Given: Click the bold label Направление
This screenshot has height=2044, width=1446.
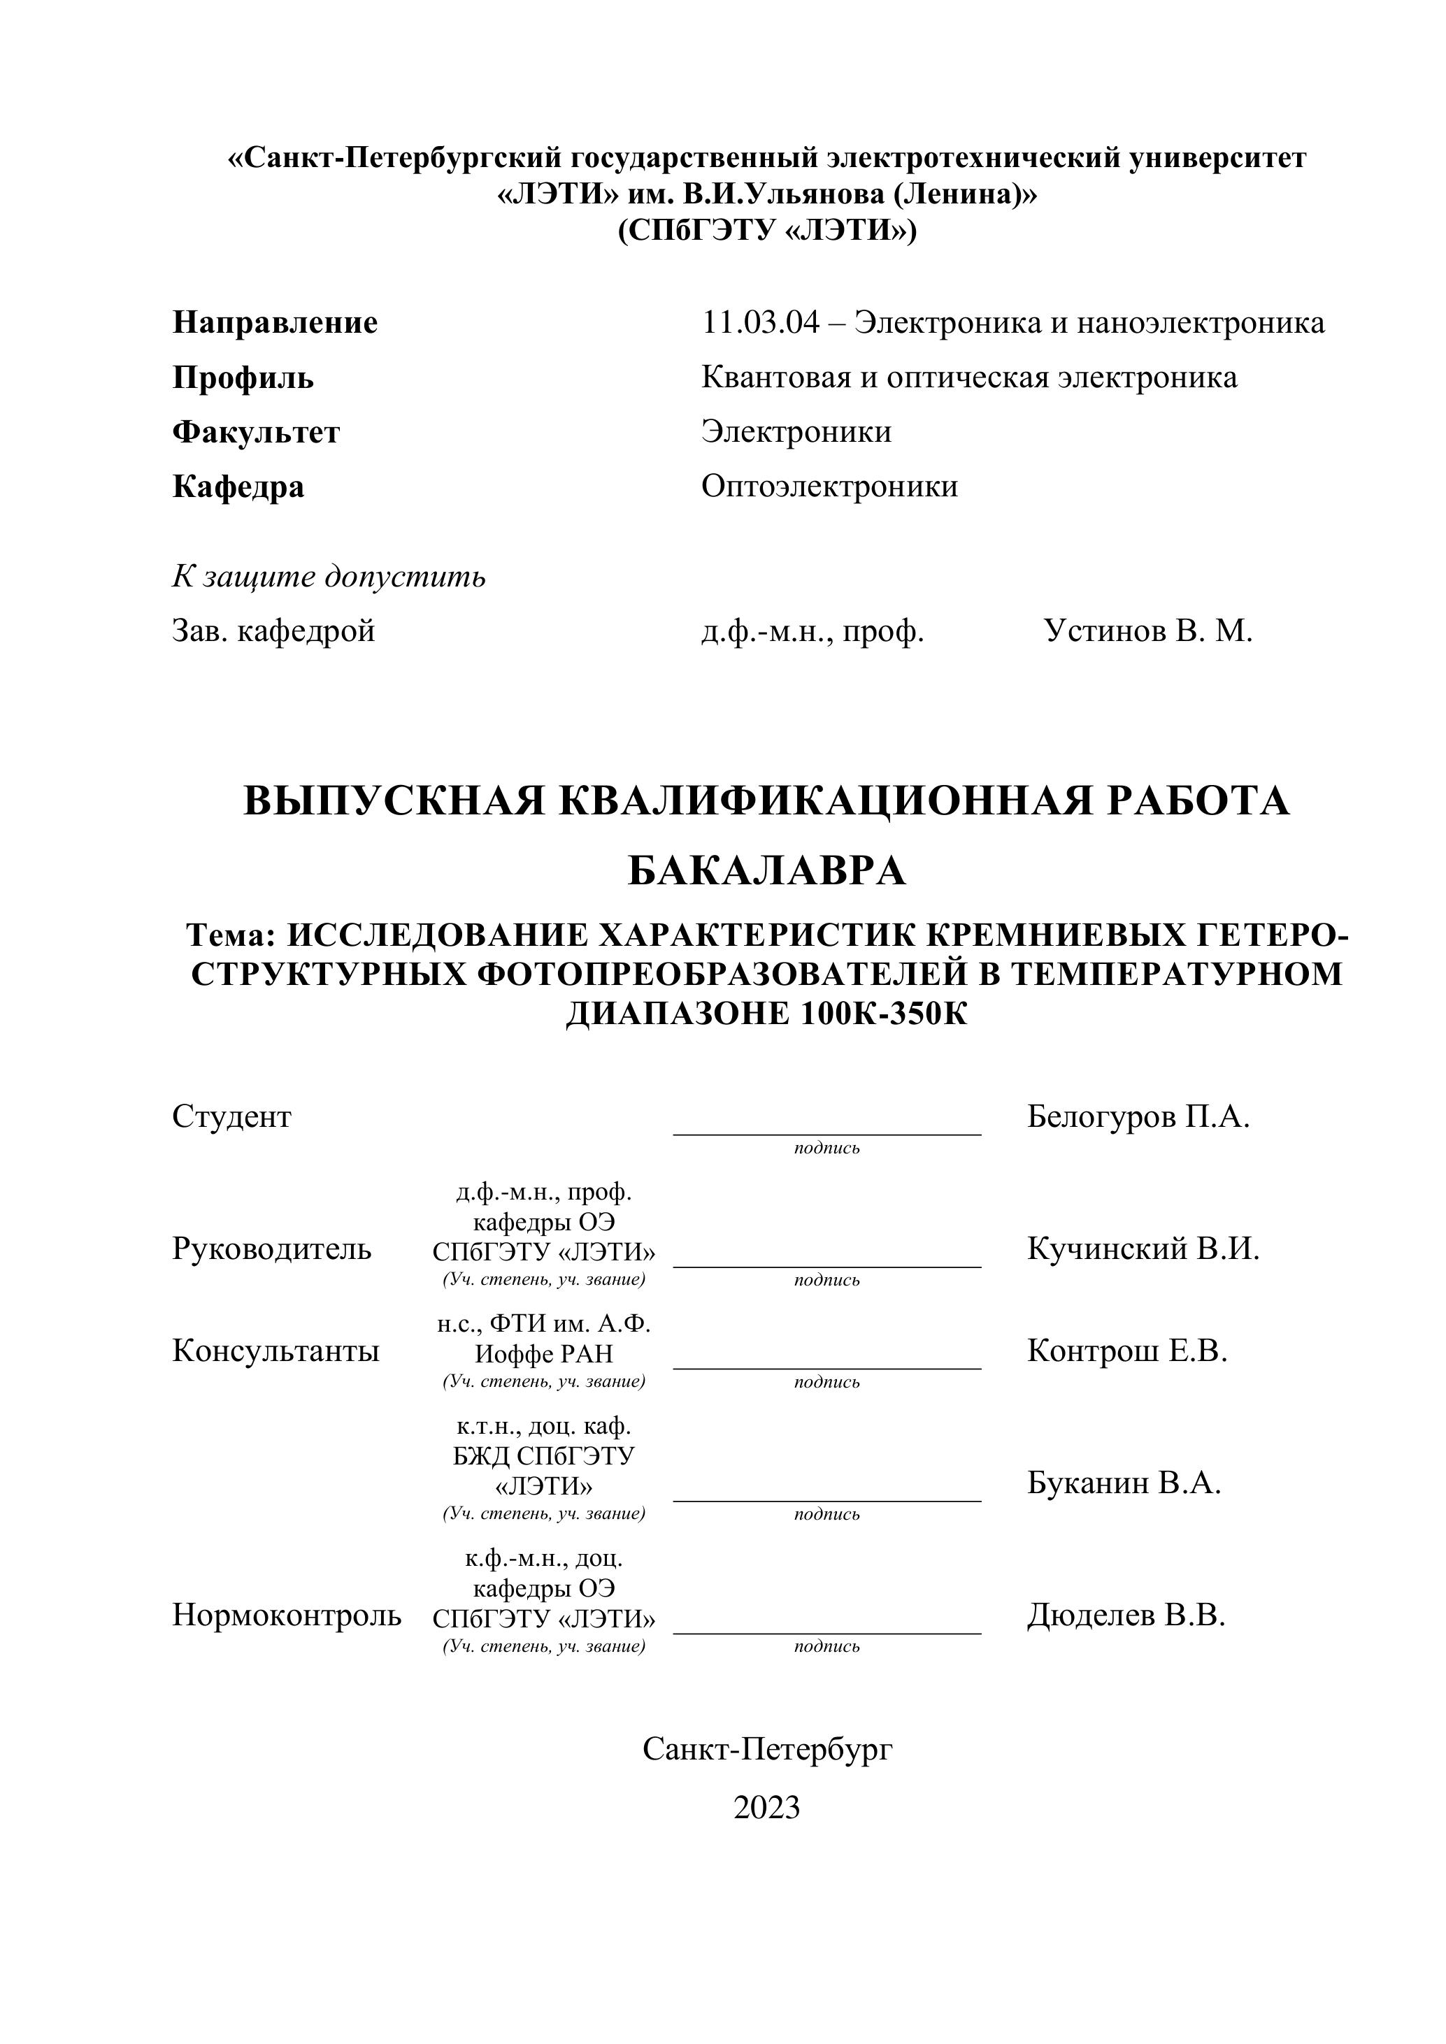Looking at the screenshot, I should [x=274, y=322].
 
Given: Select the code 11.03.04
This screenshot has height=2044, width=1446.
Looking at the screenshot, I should [x=759, y=322].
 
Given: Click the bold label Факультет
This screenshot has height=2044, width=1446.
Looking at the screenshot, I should [x=255, y=432].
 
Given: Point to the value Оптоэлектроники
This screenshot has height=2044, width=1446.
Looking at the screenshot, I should [x=829, y=486].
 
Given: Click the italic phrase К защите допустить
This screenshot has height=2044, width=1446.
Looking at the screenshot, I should [x=329, y=577].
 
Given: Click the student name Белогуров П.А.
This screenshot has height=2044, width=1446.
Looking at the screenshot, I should [x=1138, y=1116].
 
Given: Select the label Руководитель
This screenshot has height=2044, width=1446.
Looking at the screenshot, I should [x=271, y=1249].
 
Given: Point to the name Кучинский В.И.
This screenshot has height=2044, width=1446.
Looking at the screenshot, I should [x=1143, y=1249].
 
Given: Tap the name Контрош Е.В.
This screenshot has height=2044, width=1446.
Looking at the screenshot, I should [x=1127, y=1351].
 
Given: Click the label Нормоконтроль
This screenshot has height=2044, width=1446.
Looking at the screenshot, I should [x=286, y=1615].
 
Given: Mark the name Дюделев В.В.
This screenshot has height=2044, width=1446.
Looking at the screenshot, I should [x=1126, y=1615].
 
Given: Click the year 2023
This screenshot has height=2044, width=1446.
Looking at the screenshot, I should [x=766, y=1807].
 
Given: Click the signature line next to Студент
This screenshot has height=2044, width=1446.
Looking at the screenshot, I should [x=826, y=1132].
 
